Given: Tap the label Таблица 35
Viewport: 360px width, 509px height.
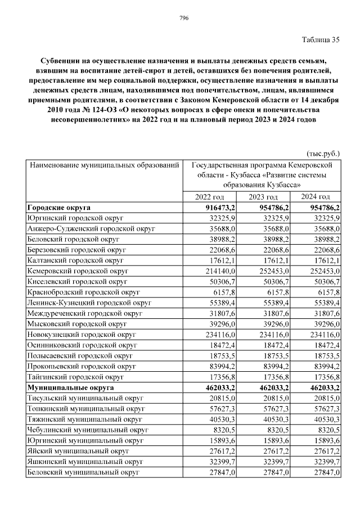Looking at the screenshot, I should click(x=321, y=39).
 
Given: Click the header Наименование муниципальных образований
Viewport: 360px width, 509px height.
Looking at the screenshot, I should click(x=104, y=165).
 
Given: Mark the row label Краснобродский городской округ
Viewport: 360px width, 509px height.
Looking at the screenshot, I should click(x=83, y=292).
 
